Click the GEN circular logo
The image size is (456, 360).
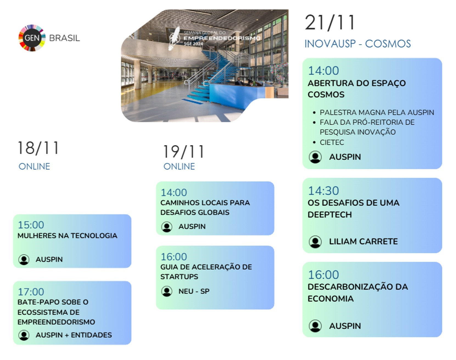(x=32, y=38)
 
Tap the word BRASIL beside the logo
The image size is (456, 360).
(x=65, y=38)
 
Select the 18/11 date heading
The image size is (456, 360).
(x=38, y=148)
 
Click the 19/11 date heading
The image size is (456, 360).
(x=183, y=152)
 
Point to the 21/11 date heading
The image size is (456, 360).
(x=330, y=22)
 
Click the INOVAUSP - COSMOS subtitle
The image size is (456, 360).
(x=357, y=44)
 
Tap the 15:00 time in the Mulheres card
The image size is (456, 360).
(x=31, y=225)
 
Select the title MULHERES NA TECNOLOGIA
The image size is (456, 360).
(x=67, y=236)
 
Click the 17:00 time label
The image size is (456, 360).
(x=31, y=292)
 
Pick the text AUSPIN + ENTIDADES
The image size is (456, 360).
(x=74, y=335)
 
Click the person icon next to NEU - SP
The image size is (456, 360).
(x=167, y=291)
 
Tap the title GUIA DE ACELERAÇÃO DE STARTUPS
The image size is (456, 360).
(x=206, y=272)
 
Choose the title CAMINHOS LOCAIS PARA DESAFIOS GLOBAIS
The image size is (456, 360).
(x=205, y=207)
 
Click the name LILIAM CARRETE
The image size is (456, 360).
(x=363, y=241)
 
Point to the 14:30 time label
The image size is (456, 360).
(x=323, y=191)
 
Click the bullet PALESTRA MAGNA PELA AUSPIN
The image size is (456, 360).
(x=377, y=113)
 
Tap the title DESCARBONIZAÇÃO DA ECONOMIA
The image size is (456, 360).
(x=357, y=292)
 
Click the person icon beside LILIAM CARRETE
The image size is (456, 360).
(x=315, y=242)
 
